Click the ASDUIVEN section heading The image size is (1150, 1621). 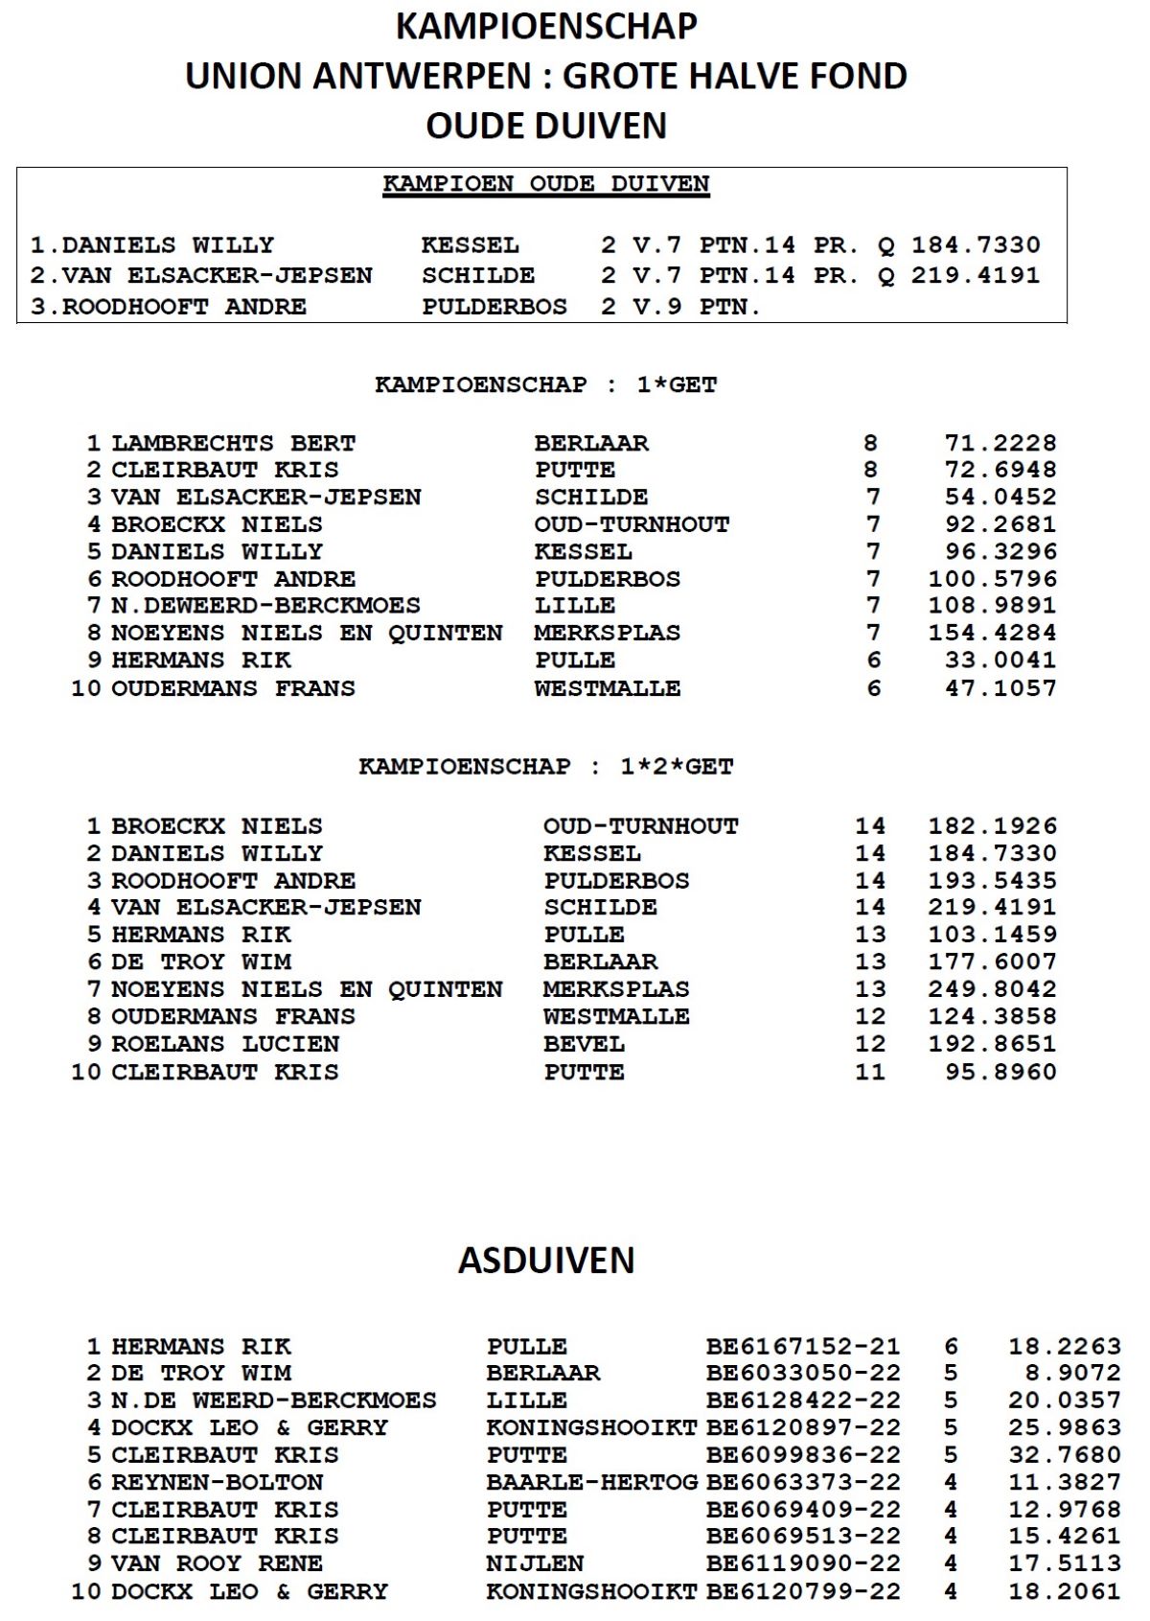click(x=546, y=1260)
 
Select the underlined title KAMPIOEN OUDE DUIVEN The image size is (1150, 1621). click(x=546, y=184)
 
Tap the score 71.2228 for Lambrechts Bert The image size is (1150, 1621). click(x=1000, y=443)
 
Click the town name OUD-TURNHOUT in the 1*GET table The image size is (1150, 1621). click(x=632, y=524)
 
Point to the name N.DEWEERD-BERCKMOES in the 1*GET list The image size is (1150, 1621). click(x=265, y=606)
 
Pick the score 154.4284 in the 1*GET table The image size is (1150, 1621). click(x=992, y=633)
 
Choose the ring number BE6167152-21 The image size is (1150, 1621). click(x=803, y=1346)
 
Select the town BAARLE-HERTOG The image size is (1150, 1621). click(x=591, y=1482)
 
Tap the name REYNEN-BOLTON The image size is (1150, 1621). click(x=217, y=1482)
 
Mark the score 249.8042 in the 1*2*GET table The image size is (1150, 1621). click(x=992, y=988)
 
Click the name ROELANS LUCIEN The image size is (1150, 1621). click(x=225, y=1043)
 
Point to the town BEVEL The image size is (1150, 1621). click(x=584, y=1043)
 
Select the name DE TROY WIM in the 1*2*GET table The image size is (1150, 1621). click(x=201, y=961)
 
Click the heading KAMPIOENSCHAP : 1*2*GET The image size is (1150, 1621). click(x=546, y=767)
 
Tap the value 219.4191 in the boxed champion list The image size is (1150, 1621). click(x=975, y=275)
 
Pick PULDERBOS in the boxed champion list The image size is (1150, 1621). click(x=494, y=307)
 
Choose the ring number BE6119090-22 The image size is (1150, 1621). click(x=803, y=1563)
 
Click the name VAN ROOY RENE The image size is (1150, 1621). click(x=217, y=1563)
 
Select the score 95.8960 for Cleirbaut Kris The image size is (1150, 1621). click(x=1000, y=1071)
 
